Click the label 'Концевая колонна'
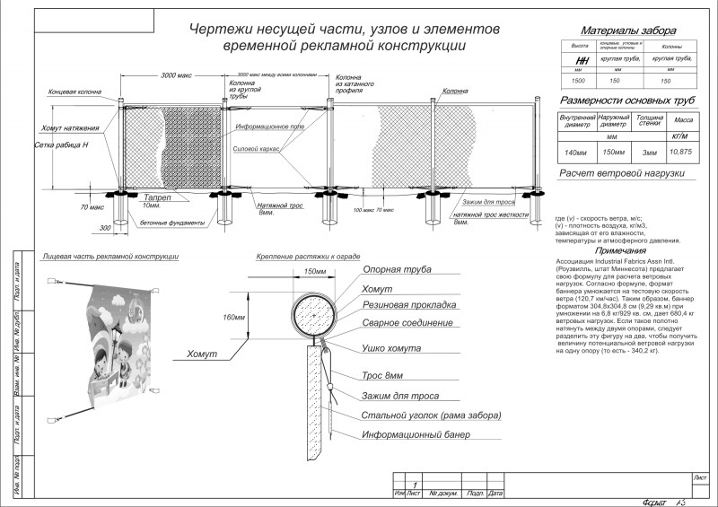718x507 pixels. tap(74, 92)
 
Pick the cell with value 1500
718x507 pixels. tap(579, 81)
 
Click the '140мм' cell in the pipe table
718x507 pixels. tap(578, 152)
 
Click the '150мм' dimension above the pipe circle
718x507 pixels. tap(314, 271)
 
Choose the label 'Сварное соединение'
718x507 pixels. tap(407, 323)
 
